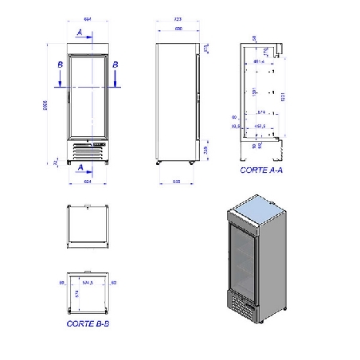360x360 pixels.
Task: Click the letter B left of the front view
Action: (x=60, y=64)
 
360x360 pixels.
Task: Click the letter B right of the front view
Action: (x=115, y=64)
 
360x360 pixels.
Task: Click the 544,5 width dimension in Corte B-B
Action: (x=88, y=282)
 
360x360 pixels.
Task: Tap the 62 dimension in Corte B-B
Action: (x=115, y=282)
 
